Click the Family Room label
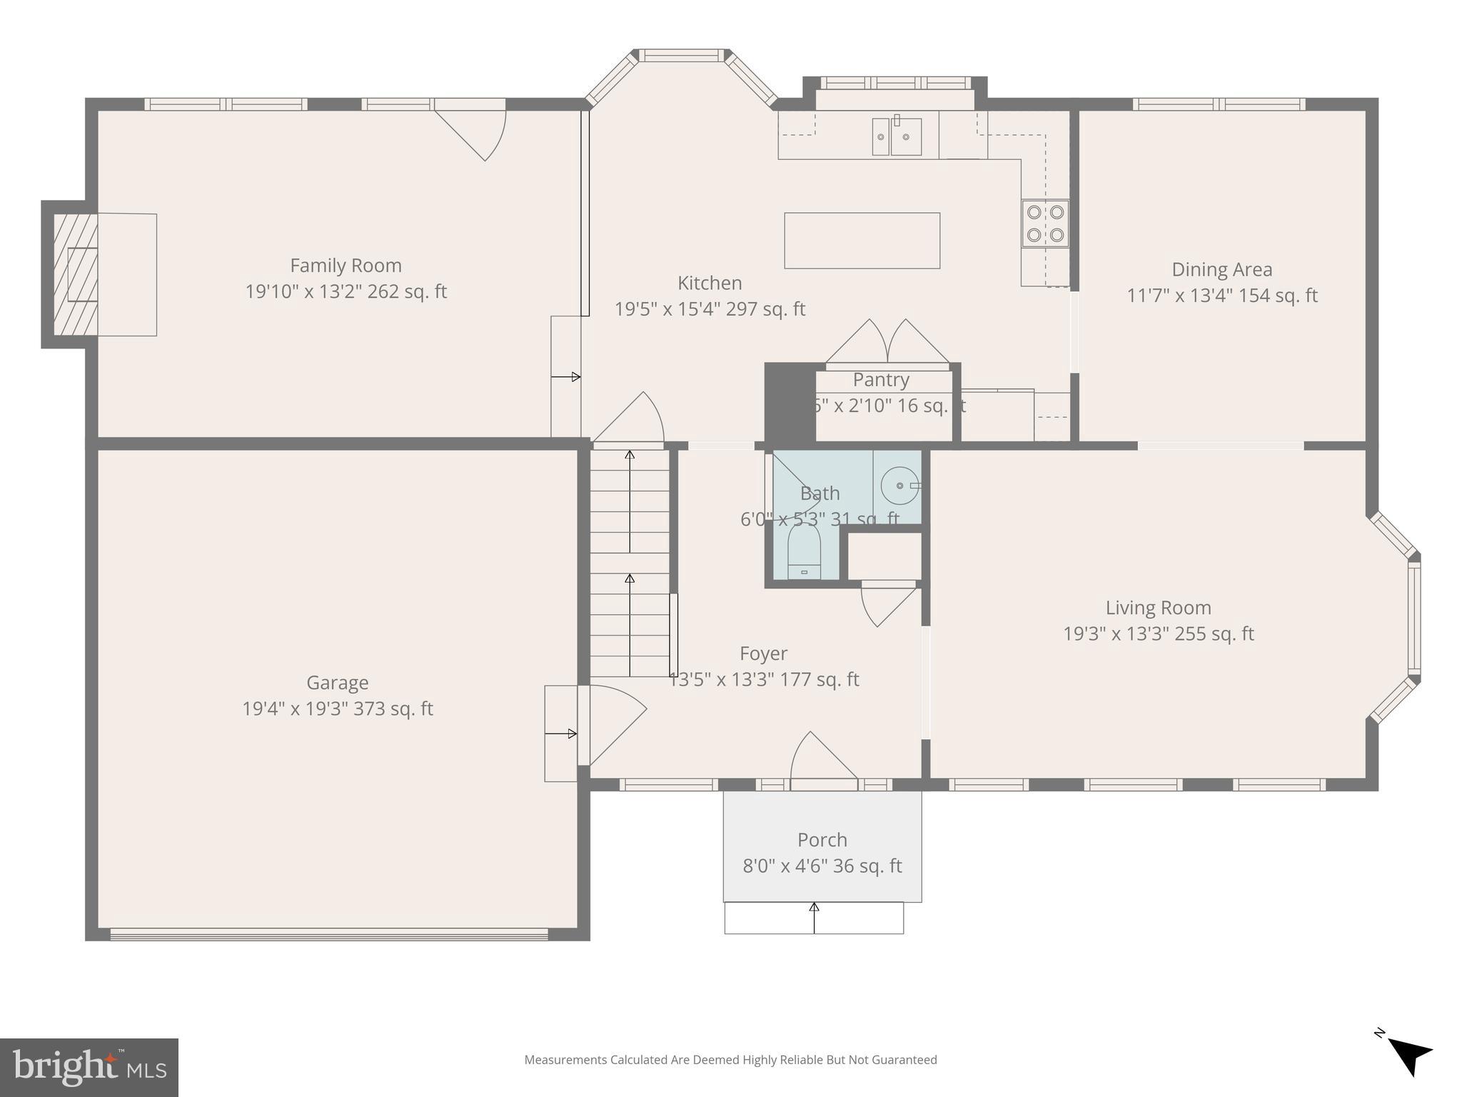tap(346, 266)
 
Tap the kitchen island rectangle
tap(862, 241)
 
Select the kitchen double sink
tap(897, 136)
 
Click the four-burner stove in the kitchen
tap(1045, 223)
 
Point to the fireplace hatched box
tap(76, 275)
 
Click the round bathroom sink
tap(899, 486)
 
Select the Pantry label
tap(881, 379)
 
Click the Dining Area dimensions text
tap(1221, 296)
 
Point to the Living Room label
tap(1158, 608)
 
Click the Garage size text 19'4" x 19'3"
tap(338, 708)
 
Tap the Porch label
tap(822, 840)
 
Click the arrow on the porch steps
tap(814, 918)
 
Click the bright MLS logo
tap(89, 1068)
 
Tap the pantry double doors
tap(887, 344)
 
